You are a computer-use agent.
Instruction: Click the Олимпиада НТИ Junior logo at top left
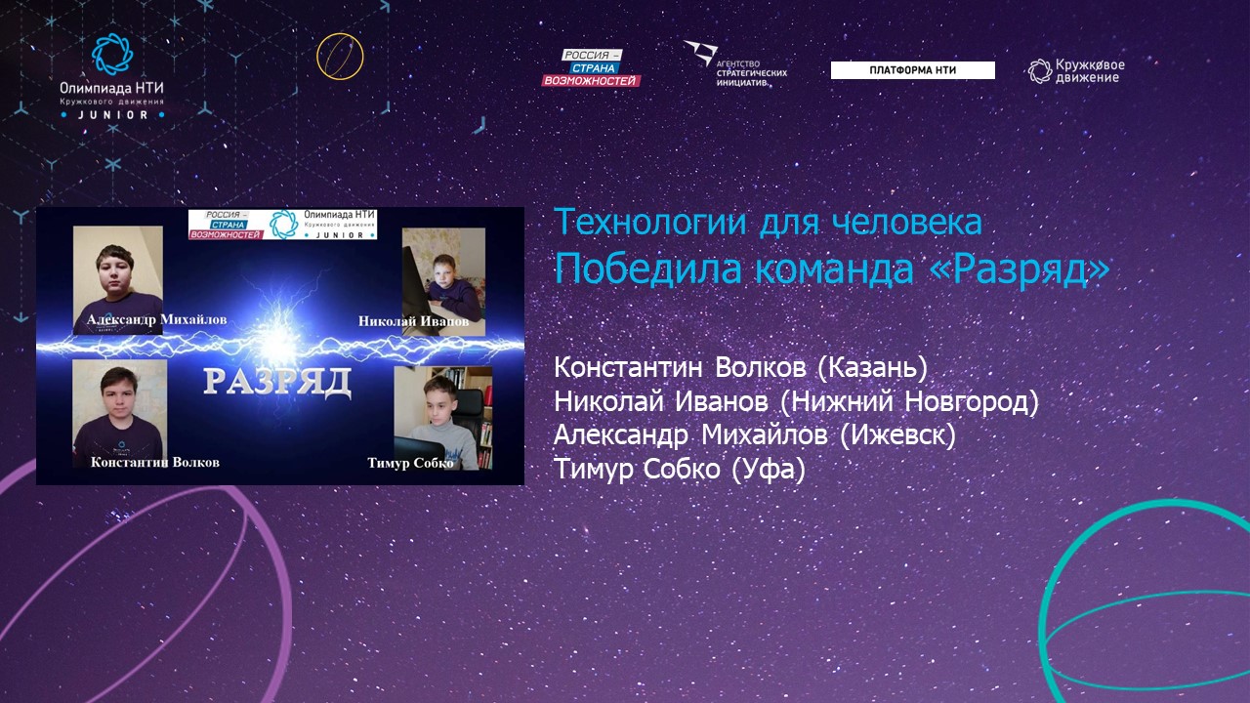(112, 76)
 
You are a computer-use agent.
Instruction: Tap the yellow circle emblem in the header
(340, 57)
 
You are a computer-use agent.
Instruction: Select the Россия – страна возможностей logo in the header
(591, 68)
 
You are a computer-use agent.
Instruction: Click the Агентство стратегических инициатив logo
(735, 63)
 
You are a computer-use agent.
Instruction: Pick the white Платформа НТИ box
(912, 70)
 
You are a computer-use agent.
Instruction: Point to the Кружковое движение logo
(1076, 71)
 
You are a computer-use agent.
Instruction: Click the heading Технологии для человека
(768, 222)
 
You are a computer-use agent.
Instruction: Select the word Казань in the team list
(872, 367)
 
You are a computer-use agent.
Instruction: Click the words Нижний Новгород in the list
(909, 401)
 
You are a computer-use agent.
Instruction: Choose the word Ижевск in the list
(897, 435)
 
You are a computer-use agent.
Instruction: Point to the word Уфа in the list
(769, 469)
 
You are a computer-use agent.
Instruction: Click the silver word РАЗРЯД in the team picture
(277, 382)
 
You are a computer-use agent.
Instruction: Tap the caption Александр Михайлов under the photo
(157, 319)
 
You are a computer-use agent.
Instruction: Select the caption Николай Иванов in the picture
(413, 321)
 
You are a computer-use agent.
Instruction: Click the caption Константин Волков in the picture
(155, 462)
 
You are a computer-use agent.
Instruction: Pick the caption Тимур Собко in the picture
(411, 463)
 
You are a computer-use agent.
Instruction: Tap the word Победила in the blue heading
(647, 269)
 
